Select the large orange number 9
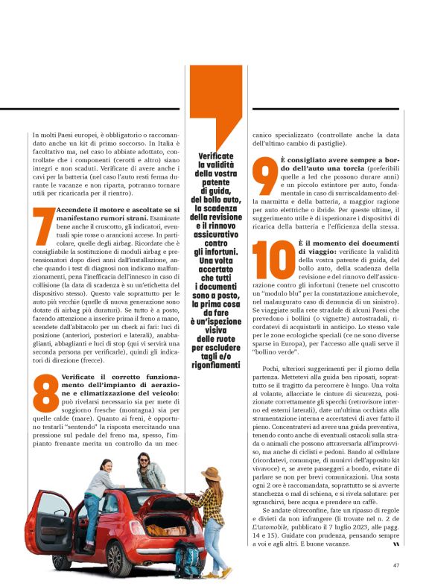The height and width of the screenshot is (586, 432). click(264, 178)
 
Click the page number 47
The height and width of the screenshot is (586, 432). click(396, 564)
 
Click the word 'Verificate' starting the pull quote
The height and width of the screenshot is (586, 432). click(216, 157)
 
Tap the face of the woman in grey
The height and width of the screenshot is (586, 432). click(106, 468)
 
